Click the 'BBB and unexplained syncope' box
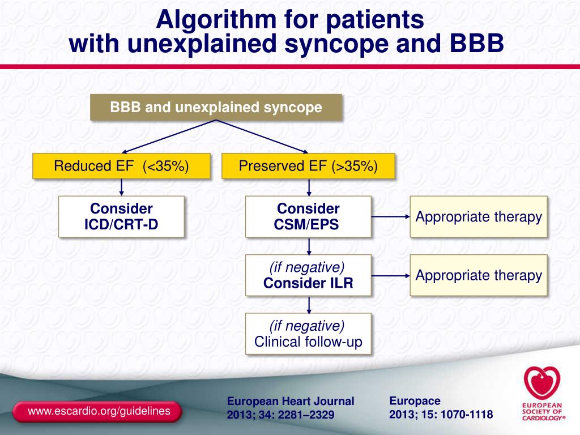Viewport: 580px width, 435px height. (x=216, y=108)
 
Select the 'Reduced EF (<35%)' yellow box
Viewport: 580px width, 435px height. (x=121, y=166)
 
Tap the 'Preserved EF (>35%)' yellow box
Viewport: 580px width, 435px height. (x=308, y=166)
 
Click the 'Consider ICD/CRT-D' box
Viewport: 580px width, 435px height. (x=121, y=216)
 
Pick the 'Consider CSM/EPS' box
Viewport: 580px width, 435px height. (x=308, y=216)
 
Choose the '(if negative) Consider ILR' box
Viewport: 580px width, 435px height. (x=308, y=275)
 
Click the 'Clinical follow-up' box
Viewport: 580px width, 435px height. (x=308, y=334)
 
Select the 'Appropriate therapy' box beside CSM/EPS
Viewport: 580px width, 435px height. (x=479, y=216)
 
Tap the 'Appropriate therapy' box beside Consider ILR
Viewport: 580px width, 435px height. (x=479, y=275)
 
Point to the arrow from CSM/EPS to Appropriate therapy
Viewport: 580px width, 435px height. (x=390, y=216)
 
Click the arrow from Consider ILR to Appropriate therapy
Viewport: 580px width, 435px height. (x=390, y=276)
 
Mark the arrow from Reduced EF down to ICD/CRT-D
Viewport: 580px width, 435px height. (x=121, y=187)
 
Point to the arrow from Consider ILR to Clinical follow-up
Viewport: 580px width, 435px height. (x=309, y=304)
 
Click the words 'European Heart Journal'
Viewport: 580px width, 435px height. (x=291, y=402)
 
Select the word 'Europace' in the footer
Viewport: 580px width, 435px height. (x=415, y=401)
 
